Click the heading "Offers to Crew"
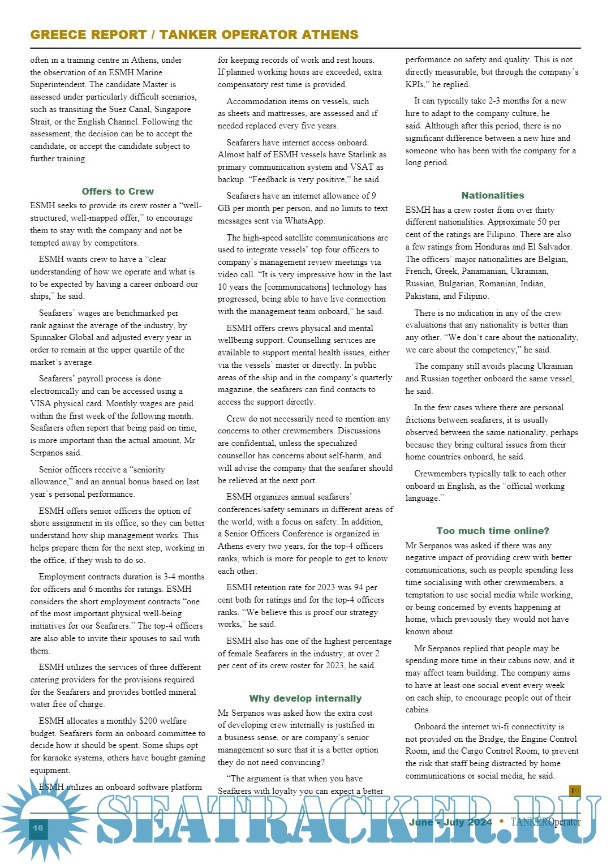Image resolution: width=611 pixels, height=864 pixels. click(118, 191)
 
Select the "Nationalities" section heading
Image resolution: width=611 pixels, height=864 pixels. click(493, 195)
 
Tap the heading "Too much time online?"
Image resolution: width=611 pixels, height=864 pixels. click(493, 531)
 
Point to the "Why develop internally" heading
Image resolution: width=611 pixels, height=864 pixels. click(305, 698)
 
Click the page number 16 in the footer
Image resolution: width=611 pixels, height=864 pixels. click(37, 827)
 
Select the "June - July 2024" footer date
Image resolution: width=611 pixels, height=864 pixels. click(450, 822)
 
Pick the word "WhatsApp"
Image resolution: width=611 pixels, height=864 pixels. click(304, 221)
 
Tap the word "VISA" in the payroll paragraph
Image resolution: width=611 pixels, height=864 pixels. click(42, 403)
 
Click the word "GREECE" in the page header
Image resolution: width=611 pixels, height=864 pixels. click(58, 35)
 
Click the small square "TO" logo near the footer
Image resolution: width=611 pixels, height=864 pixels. click(575, 790)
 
